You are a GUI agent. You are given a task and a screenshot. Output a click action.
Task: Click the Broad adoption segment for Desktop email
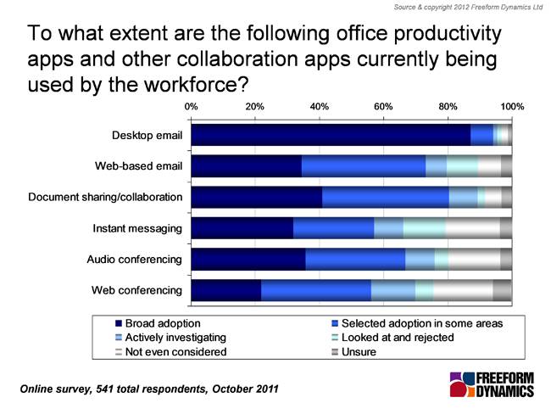pyautogui.click(x=331, y=135)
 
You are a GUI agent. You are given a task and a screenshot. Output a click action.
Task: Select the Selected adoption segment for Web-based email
pyautogui.click(x=364, y=165)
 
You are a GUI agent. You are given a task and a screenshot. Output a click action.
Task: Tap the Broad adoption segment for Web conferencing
pyautogui.click(x=226, y=290)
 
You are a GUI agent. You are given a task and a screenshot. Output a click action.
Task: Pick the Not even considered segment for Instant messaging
pyautogui.click(x=473, y=228)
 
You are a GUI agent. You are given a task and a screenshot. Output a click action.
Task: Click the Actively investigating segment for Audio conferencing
pyautogui.click(x=420, y=260)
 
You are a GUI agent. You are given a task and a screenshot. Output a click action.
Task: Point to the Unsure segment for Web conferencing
pyautogui.click(x=503, y=290)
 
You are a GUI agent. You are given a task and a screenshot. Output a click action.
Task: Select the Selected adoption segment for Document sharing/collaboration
pyautogui.click(x=386, y=197)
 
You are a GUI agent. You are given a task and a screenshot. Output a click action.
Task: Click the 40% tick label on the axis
pyautogui.click(x=319, y=106)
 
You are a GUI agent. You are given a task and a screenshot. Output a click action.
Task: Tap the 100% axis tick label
pyautogui.click(x=512, y=106)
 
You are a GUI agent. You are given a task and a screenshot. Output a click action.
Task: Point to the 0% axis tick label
pyautogui.click(x=192, y=106)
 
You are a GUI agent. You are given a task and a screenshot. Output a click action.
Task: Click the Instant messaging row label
pyautogui.click(x=137, y=228)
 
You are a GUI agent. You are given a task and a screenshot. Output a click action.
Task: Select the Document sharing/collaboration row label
pyautogui.click(x=105, y=197)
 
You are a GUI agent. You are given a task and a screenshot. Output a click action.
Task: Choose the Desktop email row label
pyautogui.click(x=147, y=136)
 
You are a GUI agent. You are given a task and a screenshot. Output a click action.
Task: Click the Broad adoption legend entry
pyautogui.click(x=158, y=323)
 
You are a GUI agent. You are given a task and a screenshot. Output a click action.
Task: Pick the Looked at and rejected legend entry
pyautogui.click(x=392, y=338)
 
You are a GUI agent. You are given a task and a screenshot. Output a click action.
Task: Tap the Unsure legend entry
pyautogui.click(x=353, y=352)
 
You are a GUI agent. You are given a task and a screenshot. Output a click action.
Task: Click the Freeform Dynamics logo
pyautogui.click(x=492, y=385)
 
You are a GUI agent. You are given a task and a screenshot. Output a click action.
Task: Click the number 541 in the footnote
pyautogui.click(x=104, y=389)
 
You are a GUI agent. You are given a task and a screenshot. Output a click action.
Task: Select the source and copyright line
pyautogui.click(x=468, y=7)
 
